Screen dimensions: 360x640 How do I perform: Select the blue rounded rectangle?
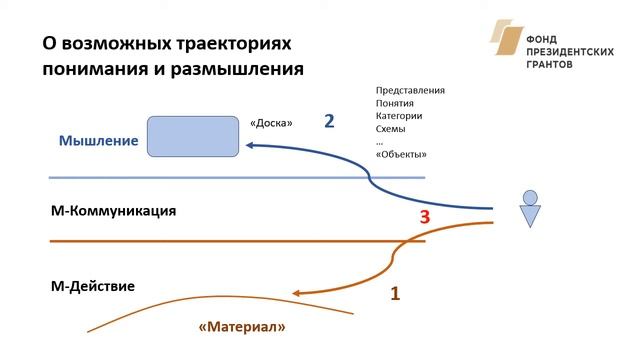coord(193,137)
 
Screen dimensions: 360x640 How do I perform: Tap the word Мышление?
coord(98,141)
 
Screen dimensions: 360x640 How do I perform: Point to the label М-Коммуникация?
coord(113,212)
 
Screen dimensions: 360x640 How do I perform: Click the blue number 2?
coord(329,121)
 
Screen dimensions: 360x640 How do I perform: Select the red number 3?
coord(424,217)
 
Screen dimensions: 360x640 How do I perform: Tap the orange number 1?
coord(394,294)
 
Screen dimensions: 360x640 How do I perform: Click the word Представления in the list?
coord(410,90)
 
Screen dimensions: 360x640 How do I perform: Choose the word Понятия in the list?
coord(395,103)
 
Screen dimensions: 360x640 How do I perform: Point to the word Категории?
coord(399,116)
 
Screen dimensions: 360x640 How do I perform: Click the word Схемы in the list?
coord(391,129)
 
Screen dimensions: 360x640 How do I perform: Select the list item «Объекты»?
coord(401,154)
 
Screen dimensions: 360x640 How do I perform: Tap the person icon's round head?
coord(530,197)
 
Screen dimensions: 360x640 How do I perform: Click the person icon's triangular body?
coord(530,214)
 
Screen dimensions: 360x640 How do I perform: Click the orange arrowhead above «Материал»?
coord(296,293)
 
